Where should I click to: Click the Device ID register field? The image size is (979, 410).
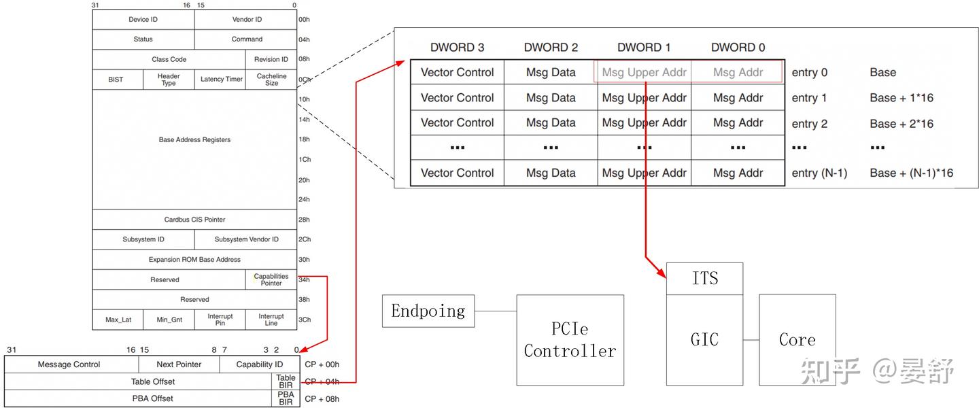coord(143,20)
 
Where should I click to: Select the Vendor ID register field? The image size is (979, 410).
coord(246,20)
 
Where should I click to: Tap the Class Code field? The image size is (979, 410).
coord(169,59)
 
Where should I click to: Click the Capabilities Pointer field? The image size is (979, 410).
coord(271,279)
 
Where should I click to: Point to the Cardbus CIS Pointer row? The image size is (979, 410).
coord(194,220)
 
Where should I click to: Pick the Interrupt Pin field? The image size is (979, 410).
coord(220,320)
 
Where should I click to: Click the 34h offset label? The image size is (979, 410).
coord(304,279)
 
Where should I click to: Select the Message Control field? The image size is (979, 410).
coord(69,364)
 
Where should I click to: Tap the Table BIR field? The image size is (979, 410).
coord(286,381)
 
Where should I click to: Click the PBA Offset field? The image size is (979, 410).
coord(152,398)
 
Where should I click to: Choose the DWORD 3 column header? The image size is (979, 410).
coord(457,48)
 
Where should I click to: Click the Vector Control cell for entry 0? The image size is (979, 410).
coord(457,72)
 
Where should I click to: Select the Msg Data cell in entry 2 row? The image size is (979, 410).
coord(551,123)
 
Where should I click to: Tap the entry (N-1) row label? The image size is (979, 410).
coord(819,173)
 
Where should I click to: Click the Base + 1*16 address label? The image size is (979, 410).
coord(901,98)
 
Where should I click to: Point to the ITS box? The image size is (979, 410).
coord(704,279)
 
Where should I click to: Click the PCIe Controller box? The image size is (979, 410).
coord(570,340)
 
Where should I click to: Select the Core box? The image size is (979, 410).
coord(797,339)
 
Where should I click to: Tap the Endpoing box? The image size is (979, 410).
coord(428,311)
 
